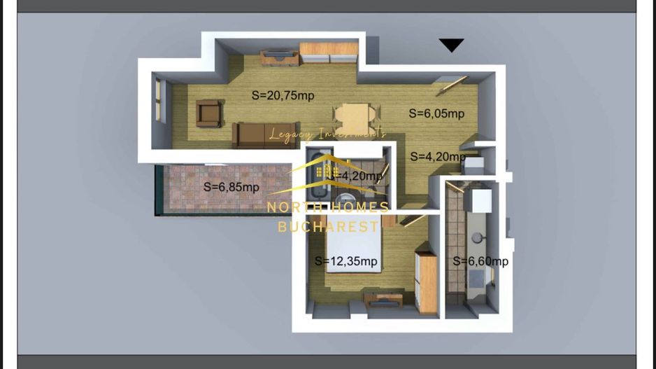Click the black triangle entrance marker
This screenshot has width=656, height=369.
click(x=451, y=46)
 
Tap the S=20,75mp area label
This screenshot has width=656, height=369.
click(x=283, y=96)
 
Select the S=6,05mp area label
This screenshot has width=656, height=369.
click(x=437, y=113)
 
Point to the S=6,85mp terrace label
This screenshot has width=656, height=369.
click(x=231, y=187)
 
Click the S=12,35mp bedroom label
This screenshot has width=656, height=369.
click(x=346, y=261)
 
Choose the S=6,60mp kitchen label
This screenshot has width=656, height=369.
click(x=480, y=261)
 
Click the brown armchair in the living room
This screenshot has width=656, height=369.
click(x=209, y=113)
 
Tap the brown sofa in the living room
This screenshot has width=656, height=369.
click(x=259, y=134)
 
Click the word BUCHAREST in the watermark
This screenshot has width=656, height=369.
click(x=328, y=226)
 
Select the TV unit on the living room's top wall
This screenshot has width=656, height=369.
click(x=278, y=56)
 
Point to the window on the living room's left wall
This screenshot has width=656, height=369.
click(x=159, y=102)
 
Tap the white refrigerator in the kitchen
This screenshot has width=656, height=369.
click(x=482, y=200)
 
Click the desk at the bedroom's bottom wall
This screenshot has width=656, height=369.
click(x=383, y=299)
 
